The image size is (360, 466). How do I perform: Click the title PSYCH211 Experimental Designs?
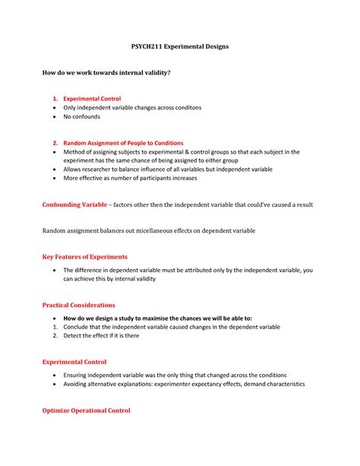(181, 46)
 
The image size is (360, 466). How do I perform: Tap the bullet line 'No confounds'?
(81, 117)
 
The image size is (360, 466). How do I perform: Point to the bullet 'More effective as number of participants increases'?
(130, 179)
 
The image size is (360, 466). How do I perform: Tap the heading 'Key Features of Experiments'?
(84, 257)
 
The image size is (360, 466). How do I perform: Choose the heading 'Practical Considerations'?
(78, 305)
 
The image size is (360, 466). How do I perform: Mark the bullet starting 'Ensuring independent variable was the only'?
(175, 376)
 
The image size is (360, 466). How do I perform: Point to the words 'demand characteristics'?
(273, 384)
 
